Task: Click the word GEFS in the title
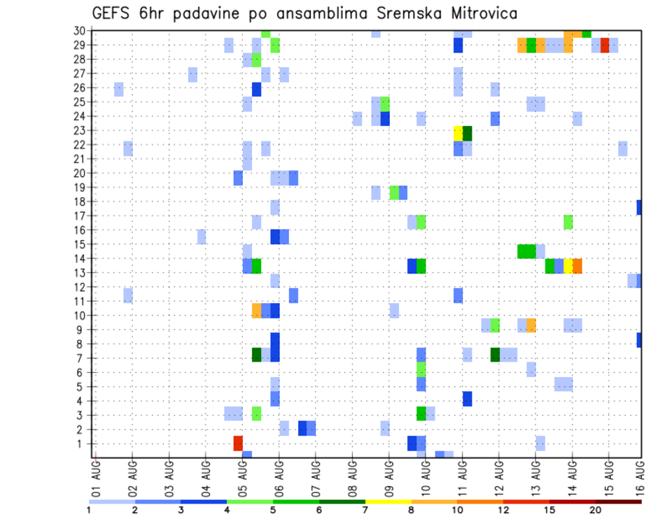[x=113, y=14]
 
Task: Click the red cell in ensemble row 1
[x=238, y=443]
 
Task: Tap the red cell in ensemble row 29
[x=605, y=45]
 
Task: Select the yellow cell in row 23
[x=458, y=133]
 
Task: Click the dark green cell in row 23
[x=468, y=133]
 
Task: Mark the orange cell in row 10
[x=257, y=311]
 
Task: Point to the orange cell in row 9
[x=531, y=325]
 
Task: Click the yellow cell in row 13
[x=568, y=266]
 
